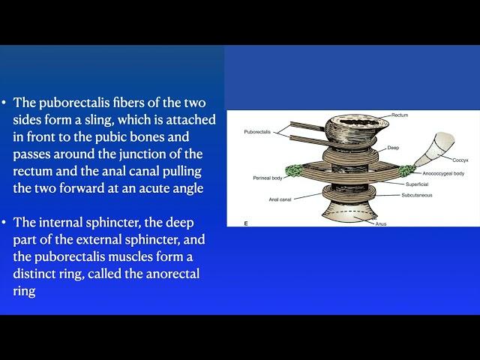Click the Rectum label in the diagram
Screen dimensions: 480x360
pos(400,115)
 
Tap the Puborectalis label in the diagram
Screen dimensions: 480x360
pos(257,132)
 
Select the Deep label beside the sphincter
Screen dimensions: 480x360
pos(393,148)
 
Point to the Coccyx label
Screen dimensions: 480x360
pos(460,160)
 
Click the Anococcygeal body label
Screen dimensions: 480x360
pos(443,173)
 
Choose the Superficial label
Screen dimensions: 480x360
pos(417,184)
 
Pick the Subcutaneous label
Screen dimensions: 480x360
pos(417,195)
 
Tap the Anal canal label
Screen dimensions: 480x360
pos(280,199)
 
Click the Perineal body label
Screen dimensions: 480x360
pos(268,178)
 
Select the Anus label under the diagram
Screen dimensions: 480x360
pos(381,223)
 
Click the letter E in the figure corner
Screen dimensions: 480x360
pos(246,223)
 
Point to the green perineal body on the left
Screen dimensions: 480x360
pos(293,171)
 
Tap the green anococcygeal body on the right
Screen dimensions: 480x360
pos(406,170)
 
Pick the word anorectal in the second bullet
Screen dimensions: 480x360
pos(172,274)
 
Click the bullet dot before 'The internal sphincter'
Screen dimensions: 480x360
pos(4,223)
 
